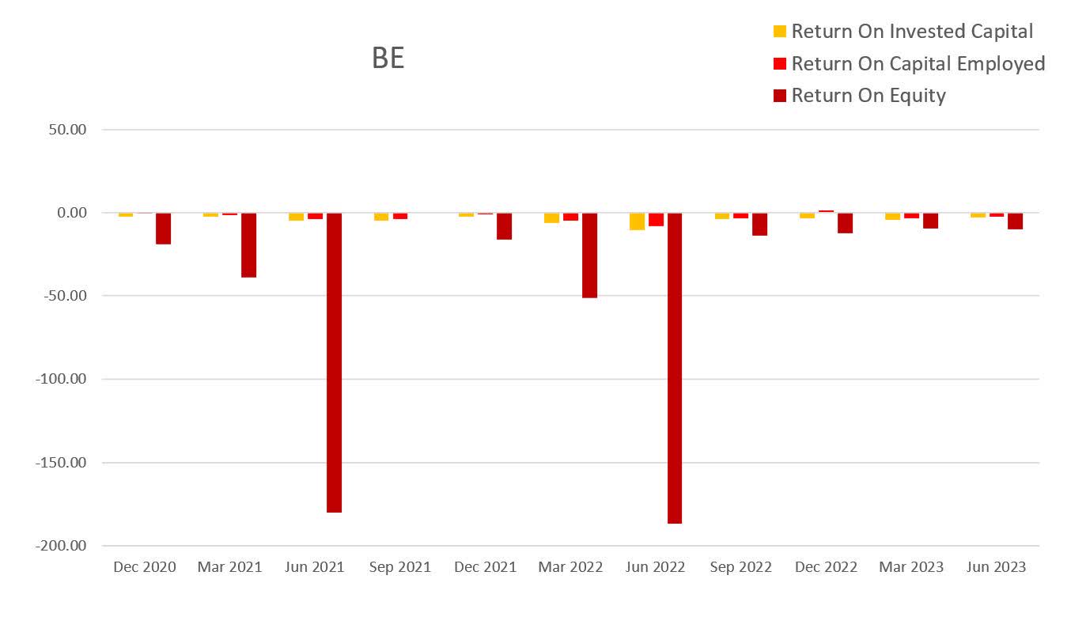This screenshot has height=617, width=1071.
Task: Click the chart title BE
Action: (x=388, y=59)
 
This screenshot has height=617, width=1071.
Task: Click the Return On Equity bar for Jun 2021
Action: (x=334, y=362)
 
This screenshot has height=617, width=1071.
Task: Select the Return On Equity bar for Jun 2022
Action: (x=675, y=368)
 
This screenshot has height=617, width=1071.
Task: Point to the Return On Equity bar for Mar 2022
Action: (x=589, y=255)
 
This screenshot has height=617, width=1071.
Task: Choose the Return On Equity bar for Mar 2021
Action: (x=248, y=245)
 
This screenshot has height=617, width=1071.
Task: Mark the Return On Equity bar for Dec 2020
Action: (x=163, y=229)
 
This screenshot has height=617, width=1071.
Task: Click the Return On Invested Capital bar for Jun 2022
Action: (x=637, y=221)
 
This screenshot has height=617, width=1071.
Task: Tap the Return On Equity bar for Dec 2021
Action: (x=504, y=226)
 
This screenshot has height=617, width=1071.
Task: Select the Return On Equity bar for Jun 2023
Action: (x=1015, y=221)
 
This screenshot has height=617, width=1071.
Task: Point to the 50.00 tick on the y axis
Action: (x=67, y=130)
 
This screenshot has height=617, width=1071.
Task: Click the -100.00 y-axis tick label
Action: (x=61, y=379)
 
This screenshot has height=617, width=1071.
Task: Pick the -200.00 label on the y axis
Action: (x=61, y=546)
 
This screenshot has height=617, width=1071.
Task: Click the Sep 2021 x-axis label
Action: (x=400, y=567)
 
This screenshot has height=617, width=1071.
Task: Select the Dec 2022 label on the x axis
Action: (x=827, y=567)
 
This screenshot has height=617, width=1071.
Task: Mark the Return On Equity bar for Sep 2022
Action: (x=759, y=225)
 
